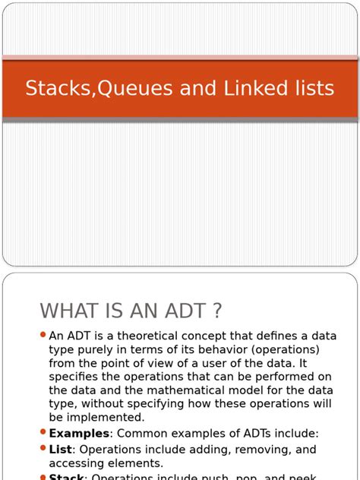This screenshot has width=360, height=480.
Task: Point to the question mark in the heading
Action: pos(216,311)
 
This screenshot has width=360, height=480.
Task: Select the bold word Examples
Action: pos(77,433)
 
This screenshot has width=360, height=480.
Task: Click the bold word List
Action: pos(60,450)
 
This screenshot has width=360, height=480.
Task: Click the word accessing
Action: pos(76,463)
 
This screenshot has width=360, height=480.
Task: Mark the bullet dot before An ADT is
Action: pos(43,335)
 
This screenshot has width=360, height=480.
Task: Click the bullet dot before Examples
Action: pos(43,432)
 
